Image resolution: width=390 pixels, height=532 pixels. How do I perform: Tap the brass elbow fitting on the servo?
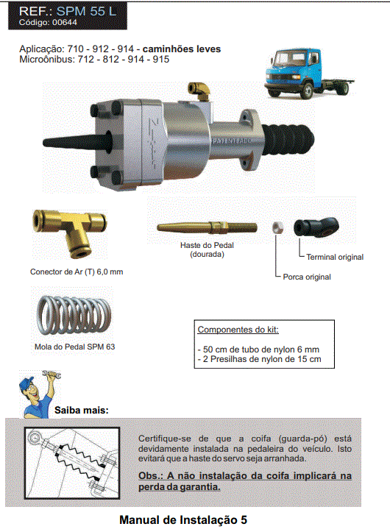click(199, 91)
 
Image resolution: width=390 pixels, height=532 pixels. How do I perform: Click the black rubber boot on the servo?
click(288, 140)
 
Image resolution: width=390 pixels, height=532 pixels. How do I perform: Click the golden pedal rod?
click(207, 227)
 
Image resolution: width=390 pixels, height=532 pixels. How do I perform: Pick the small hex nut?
click(277, 227)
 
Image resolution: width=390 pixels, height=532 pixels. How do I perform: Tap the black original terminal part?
click(316, 227)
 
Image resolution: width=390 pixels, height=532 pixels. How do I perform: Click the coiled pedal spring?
click(74, 314)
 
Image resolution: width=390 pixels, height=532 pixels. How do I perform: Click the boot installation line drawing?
click(72, 463)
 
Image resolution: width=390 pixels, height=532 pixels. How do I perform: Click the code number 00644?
click(65, 22)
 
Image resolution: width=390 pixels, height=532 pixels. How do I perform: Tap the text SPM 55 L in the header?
click(86, 11)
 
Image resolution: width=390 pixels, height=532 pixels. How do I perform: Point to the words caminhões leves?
click(182, 49)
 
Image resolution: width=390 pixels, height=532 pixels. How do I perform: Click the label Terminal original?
click(335, 258)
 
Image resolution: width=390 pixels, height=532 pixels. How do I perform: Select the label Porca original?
click(307, 277)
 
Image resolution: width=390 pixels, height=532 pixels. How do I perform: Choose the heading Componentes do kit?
click(238, 330)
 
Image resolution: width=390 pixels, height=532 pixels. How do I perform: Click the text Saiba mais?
click(82, 410)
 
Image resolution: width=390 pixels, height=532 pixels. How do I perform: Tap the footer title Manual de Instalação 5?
click(183, 519)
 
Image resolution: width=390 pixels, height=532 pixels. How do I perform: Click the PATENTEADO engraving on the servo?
click(232, 141)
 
